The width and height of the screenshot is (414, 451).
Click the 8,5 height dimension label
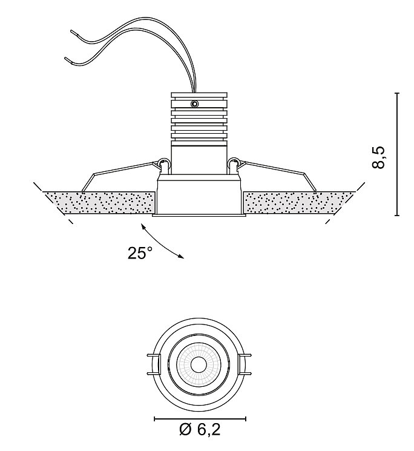click(x=378, y=157)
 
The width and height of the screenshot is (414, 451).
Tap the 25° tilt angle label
click(x=140, y=253)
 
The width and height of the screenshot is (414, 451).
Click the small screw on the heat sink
click(x=195, y=104)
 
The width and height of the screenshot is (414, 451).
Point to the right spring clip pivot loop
click(x=234, y=162)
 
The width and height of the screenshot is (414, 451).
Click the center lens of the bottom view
click(x=199, y=364)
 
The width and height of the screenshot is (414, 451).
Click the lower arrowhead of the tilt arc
click(x=181, y=257)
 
